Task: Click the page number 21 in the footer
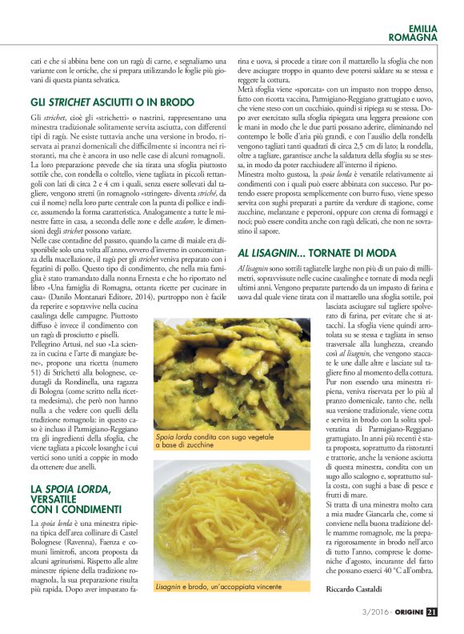pyautogui.click(x=431, y=612)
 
